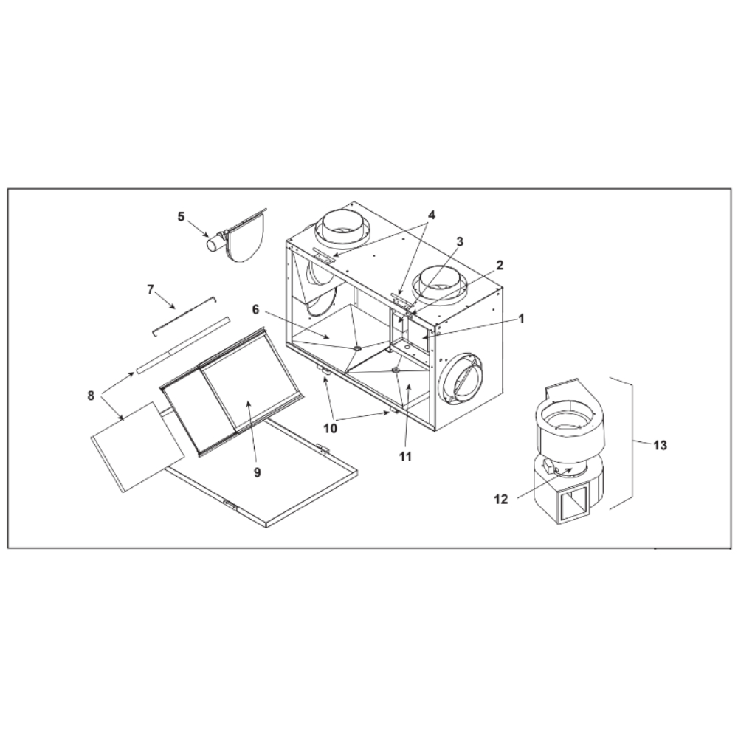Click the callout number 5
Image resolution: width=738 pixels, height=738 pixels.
[182, 217]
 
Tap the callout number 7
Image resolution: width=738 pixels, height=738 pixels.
[151, 289]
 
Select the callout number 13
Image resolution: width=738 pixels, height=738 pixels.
[661, 445]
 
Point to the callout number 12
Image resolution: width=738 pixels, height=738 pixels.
[502, 500]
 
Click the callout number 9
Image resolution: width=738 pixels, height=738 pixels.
[257, 472]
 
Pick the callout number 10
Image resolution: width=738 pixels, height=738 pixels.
[331, 428]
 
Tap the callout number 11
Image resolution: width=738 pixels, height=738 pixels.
[405, 456]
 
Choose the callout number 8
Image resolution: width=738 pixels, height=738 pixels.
[91, 396]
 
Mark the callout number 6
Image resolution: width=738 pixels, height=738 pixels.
[255, 309]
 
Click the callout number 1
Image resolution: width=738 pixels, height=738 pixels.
[521, 319]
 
